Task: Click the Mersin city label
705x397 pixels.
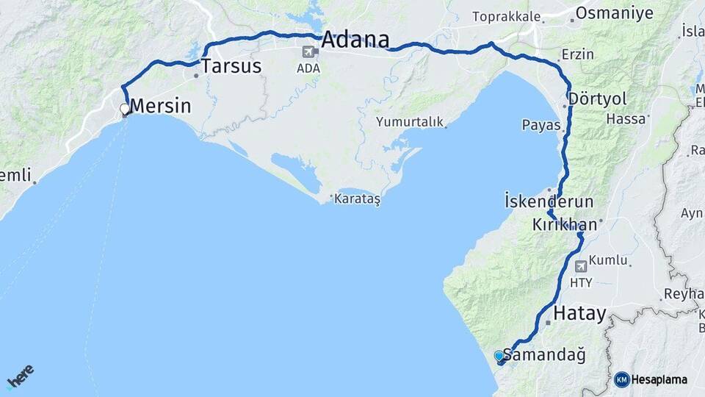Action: [x=160, y=106]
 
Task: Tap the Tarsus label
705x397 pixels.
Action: [x=231, y=66]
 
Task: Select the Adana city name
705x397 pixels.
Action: [x=355, y=39]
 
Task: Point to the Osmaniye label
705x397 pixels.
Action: [x=614, y=13]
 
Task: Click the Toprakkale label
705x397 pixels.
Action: [x=507, y=16]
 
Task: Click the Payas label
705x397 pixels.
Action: [x=541, y=124]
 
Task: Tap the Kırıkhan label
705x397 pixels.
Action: [x=566, y=225]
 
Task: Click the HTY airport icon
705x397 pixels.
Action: [x=582, y=265]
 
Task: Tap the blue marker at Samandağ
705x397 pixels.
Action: [x=499, y=357]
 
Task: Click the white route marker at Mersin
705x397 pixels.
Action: [x=125, y=110]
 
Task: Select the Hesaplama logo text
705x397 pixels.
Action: [x=659, y=380]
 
